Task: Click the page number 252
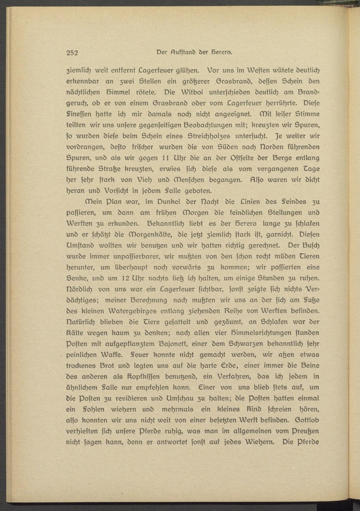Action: pyautogui.click(x=72, y=53)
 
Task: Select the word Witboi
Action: pyautogui.click(x=194, y=92)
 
